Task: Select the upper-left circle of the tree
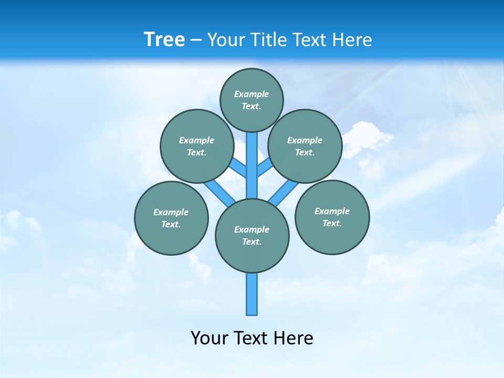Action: click(x=197, y=146)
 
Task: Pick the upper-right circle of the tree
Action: click(x=305, y=146)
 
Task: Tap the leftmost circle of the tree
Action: click(x=171, y=218)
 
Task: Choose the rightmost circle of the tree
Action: click(x=332, y=217)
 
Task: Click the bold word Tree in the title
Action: click(x=164, y=39)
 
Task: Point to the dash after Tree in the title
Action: click(x=196, y=40)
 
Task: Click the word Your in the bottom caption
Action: click(x=209, y=338)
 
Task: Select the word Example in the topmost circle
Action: click(x=251, y=94)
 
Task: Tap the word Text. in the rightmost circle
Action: click(x=332, y=223)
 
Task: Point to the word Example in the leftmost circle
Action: click(x=171, y=212)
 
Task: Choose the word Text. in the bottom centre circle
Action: click(x=251, y=241)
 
